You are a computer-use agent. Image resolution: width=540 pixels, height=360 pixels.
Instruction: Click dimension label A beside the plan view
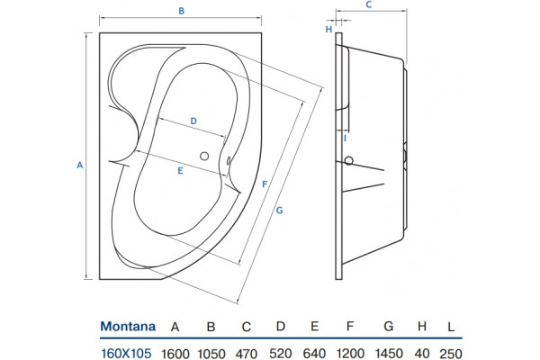click(79, 165)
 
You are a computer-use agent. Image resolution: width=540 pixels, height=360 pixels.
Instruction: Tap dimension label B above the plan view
click(181, 11)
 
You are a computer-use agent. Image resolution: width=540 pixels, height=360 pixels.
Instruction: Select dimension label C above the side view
click(369, 4)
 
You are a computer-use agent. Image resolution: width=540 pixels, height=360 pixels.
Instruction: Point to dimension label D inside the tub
click(193, 121)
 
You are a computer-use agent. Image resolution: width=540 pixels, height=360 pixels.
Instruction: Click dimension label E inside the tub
click(180, 170)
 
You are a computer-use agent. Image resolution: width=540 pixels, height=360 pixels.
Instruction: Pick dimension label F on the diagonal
click(265, 184)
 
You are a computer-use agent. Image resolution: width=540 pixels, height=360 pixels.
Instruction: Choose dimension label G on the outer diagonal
click(279, 210)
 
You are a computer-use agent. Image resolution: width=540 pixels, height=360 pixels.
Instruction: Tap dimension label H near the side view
click(328, 30)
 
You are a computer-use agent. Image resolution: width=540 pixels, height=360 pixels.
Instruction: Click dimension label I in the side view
click(345, 139)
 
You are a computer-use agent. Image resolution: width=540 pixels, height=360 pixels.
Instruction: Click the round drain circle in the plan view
click(204, 156)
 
